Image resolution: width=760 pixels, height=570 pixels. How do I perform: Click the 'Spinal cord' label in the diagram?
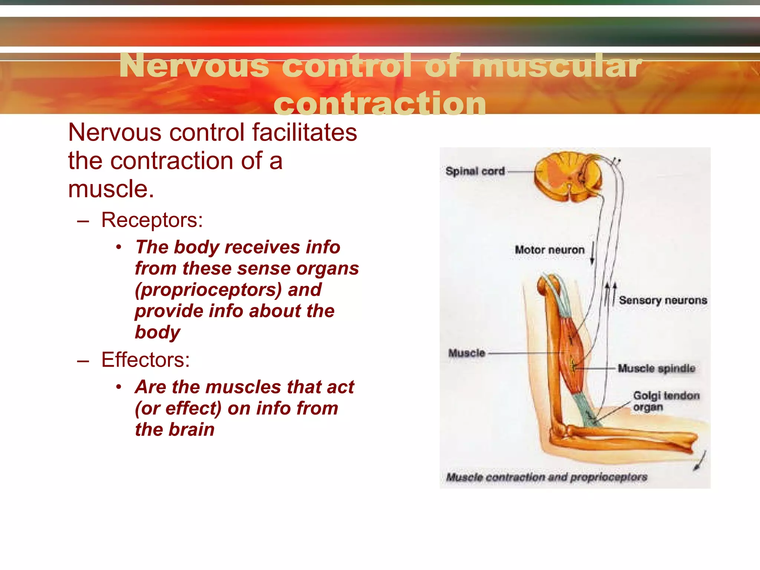click(x=475, y=171)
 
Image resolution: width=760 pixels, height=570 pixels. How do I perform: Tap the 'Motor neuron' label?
click(x=550, y=250)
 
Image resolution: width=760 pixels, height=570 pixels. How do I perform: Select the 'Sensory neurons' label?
click(x=663, y=300)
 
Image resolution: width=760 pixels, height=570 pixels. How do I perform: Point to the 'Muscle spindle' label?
click(x=656, y=368)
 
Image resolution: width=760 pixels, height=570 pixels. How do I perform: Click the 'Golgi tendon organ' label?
click(x=666, y=401)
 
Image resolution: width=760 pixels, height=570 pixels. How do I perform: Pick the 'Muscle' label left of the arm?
click(x=467, y=353)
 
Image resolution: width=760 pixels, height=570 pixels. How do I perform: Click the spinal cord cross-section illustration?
click(x=568, y=177)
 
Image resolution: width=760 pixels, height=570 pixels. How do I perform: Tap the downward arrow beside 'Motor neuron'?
click(x=593, y=253)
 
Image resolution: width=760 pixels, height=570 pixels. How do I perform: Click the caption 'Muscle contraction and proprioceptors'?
click(x=547, y=477)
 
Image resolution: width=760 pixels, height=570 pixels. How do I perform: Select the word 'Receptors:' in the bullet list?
click(x=152, y=220)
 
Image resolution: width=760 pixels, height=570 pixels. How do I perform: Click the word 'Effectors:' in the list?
click(x=145, y=360)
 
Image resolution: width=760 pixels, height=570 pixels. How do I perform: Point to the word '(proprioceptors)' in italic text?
click(x=209, y=290)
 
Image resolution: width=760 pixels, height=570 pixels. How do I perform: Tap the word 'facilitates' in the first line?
click(x=304, y=132)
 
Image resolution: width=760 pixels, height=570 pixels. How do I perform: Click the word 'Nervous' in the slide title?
click(x=194, y=66)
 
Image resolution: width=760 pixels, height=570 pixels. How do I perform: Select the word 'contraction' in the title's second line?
click(x=380, y=104)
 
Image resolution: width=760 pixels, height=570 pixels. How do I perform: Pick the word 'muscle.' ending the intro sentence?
click(x=111, y=189)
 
